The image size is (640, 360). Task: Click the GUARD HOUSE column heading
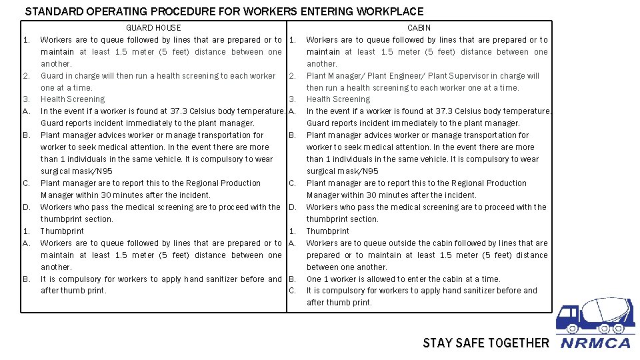(x=153, y=28)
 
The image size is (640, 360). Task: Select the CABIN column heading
(x=419, y=28)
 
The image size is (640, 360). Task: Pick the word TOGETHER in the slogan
(x=517, y=343)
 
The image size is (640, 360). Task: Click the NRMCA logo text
(x=595, y=343)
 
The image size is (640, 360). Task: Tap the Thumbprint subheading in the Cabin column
(x=327, y=231)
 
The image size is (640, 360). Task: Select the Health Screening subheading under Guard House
(x=73, y=99)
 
